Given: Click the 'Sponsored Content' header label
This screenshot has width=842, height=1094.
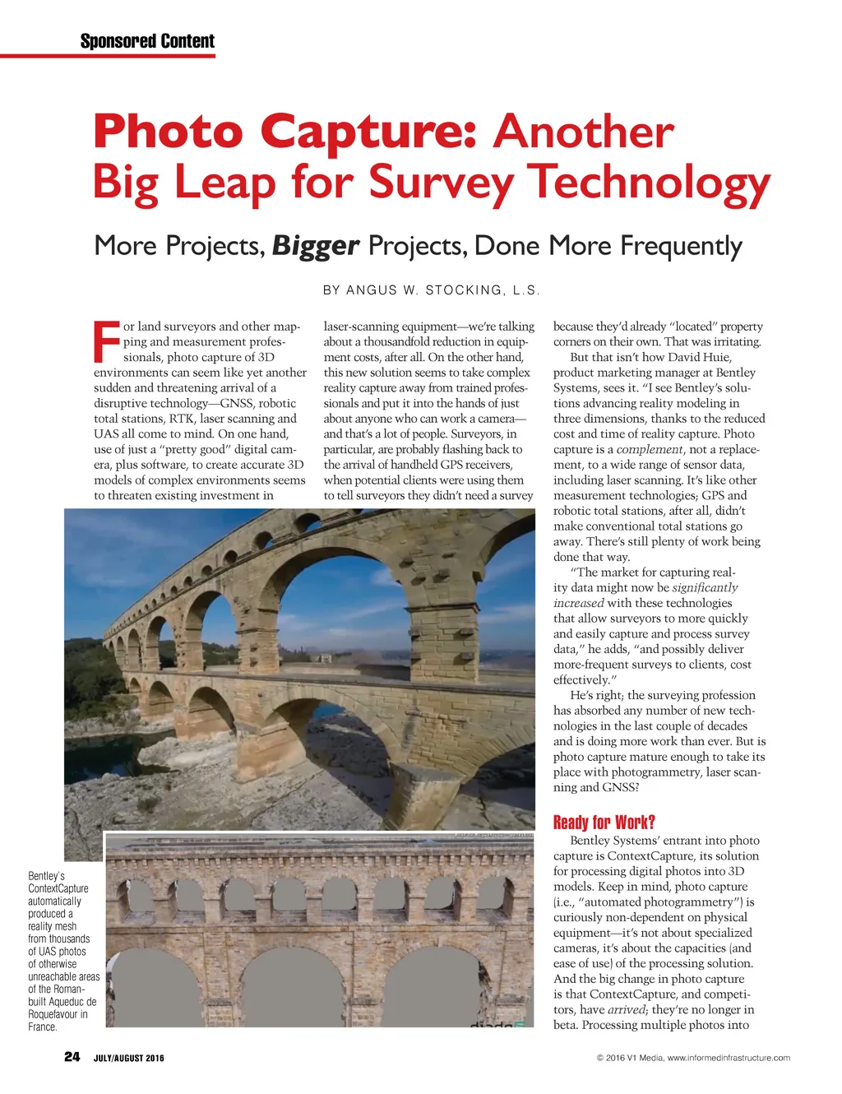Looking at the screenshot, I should click(147, 41).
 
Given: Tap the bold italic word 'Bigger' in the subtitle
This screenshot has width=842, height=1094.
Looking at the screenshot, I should click(316, 246).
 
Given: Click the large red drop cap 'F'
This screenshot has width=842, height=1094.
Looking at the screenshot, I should click(107, 342).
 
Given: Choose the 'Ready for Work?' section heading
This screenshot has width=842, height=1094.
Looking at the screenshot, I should click(604, 823).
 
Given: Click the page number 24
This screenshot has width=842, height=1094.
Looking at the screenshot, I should click(72, 1057).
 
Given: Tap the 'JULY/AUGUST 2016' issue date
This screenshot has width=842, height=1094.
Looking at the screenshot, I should click(128, 1058).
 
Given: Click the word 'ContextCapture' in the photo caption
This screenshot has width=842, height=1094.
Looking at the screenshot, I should click(58, 888).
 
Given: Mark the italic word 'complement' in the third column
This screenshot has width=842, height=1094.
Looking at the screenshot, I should click(650, 450).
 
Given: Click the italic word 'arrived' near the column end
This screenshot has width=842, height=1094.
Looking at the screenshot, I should click(627, 1010).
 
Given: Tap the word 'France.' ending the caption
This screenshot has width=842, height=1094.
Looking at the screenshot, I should click(43, 1027).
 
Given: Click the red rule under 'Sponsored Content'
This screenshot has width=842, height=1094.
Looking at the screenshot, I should click(108, 56).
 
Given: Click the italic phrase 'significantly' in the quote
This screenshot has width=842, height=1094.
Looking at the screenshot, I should click(705, 588).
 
